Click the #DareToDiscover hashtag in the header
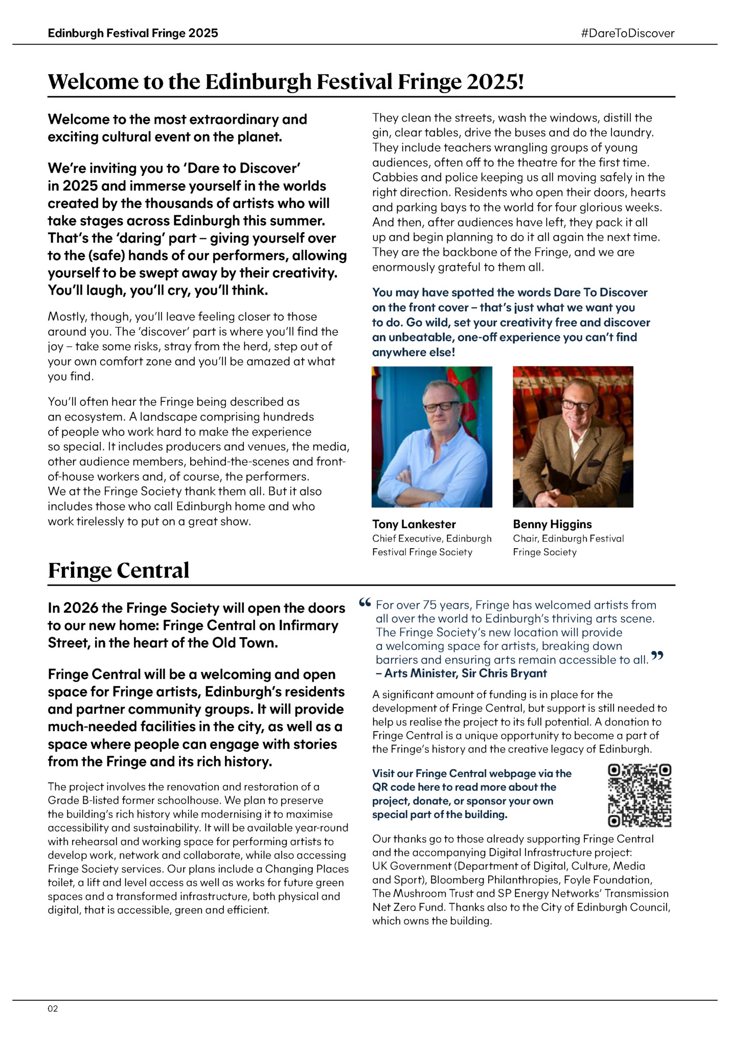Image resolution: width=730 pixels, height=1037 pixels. (x=628, y=33)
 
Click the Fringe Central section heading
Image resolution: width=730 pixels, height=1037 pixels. (x=119, y=570)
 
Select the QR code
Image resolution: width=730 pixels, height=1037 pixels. (x=639, y=795)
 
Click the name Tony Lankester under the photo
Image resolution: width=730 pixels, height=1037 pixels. (x=414, y=524)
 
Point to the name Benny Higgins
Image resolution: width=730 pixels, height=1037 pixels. (x=552, y=524)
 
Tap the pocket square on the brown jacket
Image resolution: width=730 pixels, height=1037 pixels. (x=595, y=463)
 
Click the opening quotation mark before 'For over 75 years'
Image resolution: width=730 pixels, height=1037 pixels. (x=364, y=603)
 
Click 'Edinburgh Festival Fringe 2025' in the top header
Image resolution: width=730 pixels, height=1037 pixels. (x=133, y=33)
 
